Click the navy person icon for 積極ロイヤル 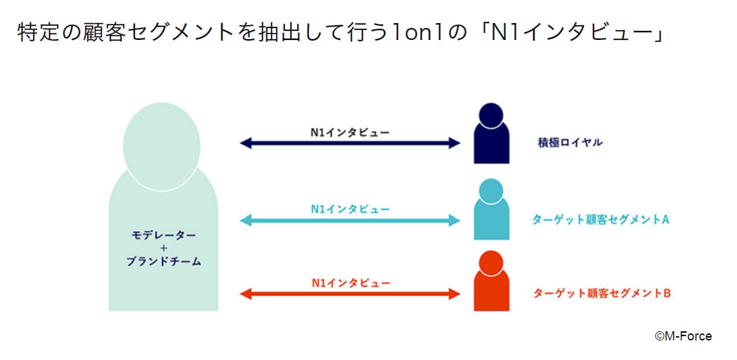click(491, 134)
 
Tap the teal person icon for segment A click(491, 209)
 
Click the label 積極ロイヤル click(570, 143)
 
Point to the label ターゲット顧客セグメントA click(600, 219)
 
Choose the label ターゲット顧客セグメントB click(601, 293)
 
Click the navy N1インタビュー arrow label click(350, 133)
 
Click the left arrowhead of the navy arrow click(245, 144)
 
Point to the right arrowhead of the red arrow click(454, 294)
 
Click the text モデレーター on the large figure click(163, 235)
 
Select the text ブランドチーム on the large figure click(163, 262)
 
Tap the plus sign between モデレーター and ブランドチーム click(164, 249)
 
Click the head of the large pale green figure click(162, 146)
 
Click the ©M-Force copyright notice click(684, 335)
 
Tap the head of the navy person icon click(491, 115)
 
